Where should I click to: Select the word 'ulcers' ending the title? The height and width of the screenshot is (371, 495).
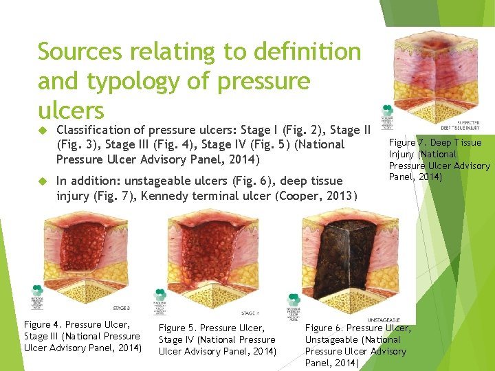click(x=71, y=110)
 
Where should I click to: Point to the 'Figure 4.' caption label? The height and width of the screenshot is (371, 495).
click(x=43, y=324)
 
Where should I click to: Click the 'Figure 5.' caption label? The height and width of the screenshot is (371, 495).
click(x=178, y=328)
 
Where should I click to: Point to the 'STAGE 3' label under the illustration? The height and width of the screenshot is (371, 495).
click(x=121, y=308)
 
